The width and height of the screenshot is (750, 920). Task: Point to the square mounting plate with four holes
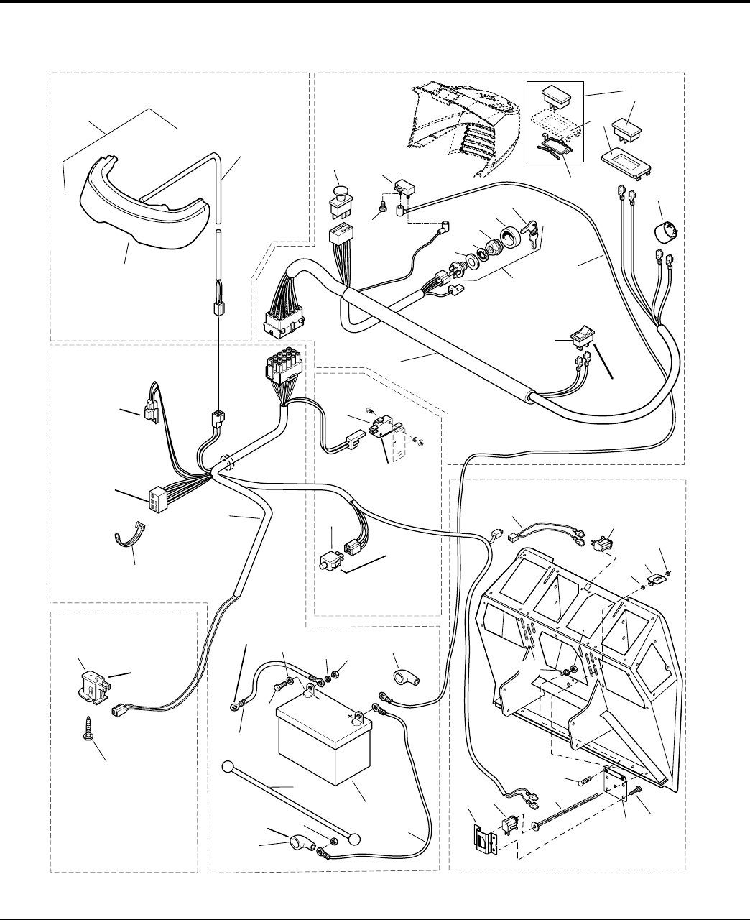(616, 783)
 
